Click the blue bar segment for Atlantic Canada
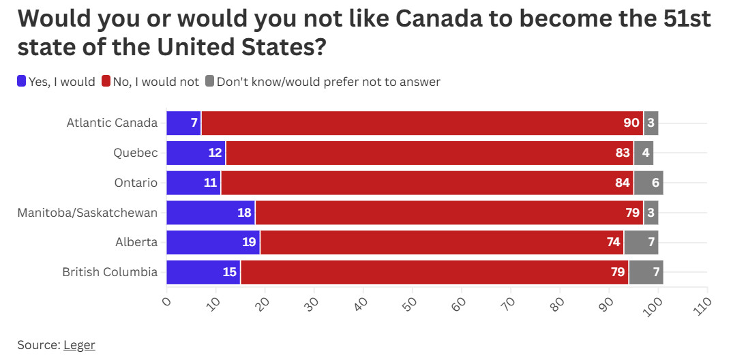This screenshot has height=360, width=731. pos(183,123)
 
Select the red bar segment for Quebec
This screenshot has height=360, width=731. pos(430,153)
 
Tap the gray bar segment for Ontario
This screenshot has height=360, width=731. pos(648,183)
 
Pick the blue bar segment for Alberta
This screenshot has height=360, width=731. pos(213,242)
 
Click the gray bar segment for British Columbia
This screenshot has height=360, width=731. pos(646,272)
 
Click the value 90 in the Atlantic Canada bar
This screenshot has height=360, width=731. pos(631,123)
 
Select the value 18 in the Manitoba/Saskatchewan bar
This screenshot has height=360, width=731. pos(243,212)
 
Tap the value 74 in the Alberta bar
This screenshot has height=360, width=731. pos(612,242)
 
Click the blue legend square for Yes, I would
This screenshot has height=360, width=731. pos(22,82)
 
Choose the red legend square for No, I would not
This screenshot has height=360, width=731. pos(106,82)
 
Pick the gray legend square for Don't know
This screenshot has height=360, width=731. pos(210,82)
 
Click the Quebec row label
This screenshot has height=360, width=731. pos(135,153)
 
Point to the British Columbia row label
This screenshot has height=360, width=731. pos(110,272)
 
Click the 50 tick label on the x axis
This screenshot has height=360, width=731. pos(411,301)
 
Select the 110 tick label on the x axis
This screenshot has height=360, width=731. pos(702,303)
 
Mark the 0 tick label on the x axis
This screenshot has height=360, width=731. pos(166,300)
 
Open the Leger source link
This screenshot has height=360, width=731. pos(79,345)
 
